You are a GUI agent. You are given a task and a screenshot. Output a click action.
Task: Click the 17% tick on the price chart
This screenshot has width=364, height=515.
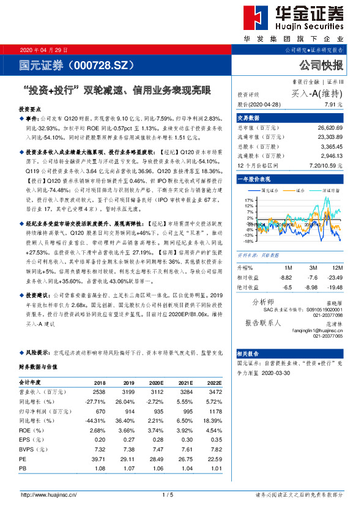(248, 200)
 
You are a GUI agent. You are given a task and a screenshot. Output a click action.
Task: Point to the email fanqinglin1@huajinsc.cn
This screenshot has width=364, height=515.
(316, 330)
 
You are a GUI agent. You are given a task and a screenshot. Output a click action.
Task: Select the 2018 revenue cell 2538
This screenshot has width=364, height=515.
(99, 391)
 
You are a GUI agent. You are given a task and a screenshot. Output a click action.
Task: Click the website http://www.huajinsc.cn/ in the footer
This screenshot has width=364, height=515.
(48, 495)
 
